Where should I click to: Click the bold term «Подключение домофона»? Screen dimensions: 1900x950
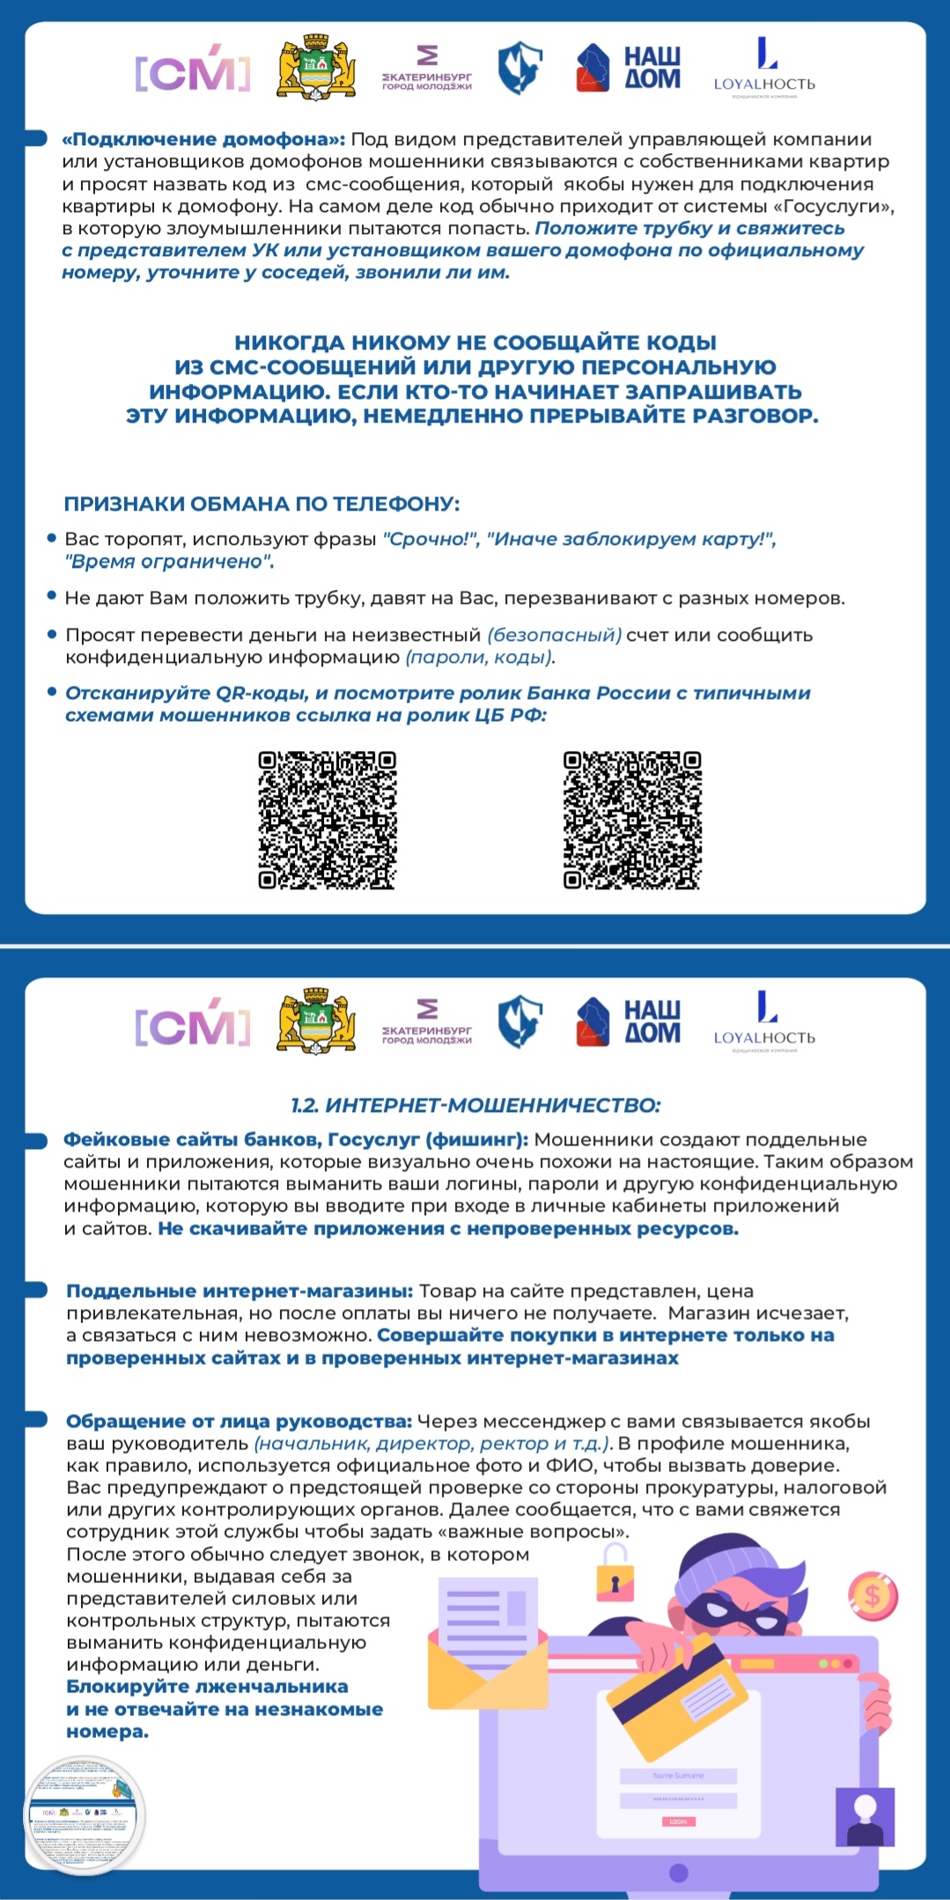[x=203, y=139]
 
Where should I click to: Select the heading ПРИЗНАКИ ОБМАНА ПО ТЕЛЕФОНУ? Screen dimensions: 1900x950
[x=261, y=504]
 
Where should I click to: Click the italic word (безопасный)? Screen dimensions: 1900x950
[x=555, y=635]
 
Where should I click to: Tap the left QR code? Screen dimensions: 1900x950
[x=328, y=820]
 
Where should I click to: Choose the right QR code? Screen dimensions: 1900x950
[x=632, y=820]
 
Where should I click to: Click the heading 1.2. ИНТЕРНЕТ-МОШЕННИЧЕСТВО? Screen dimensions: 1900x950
[x=475, y=1105]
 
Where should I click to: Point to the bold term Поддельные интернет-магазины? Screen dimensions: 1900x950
[x=239, y=1291]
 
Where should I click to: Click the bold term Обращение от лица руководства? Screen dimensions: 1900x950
[x=239, y=1421]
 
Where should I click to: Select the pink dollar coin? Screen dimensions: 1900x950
[x=873, y=1594]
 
